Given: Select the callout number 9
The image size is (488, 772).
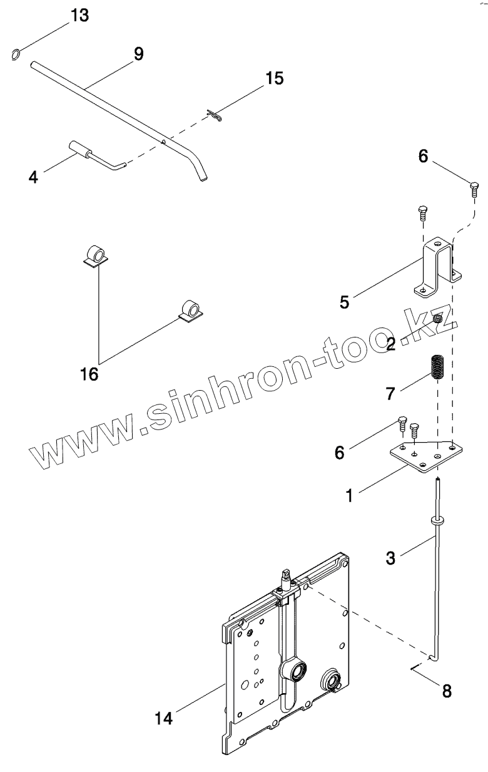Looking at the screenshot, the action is (138, 54).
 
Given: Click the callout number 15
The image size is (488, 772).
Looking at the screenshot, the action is (274, 78).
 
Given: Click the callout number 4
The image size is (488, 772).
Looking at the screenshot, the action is (33, 177).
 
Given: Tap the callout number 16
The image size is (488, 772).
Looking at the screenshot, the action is (89, 374).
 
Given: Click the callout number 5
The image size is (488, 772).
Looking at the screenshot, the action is (344, 302).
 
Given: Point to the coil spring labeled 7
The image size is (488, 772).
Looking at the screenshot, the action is (436, 367).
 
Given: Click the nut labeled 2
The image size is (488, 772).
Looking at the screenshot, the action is (438, 319).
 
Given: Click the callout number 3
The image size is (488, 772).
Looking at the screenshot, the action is (390, 558).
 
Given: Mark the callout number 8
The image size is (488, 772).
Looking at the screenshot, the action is (446, 691).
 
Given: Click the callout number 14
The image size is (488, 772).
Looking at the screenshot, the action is (165, 718).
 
